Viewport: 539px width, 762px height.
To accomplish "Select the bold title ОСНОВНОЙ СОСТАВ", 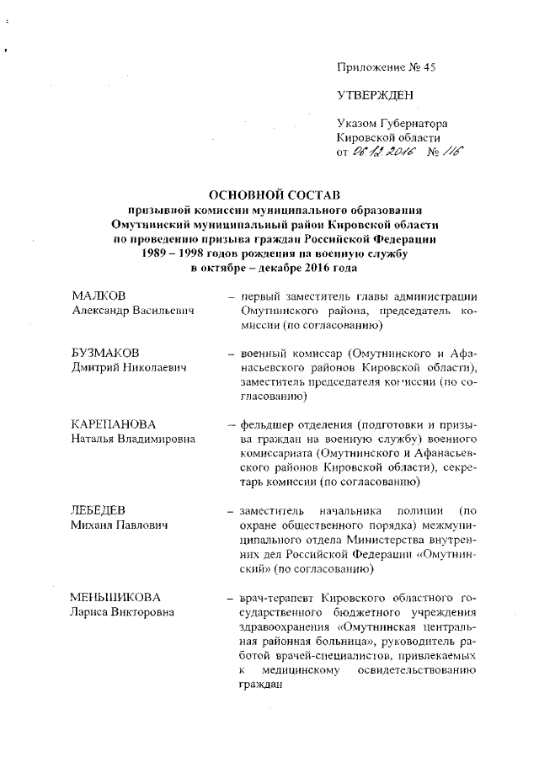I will pyautogui.click(x=269, y=195).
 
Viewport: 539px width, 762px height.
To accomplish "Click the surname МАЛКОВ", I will pyautogui.click(x=99, y=296).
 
